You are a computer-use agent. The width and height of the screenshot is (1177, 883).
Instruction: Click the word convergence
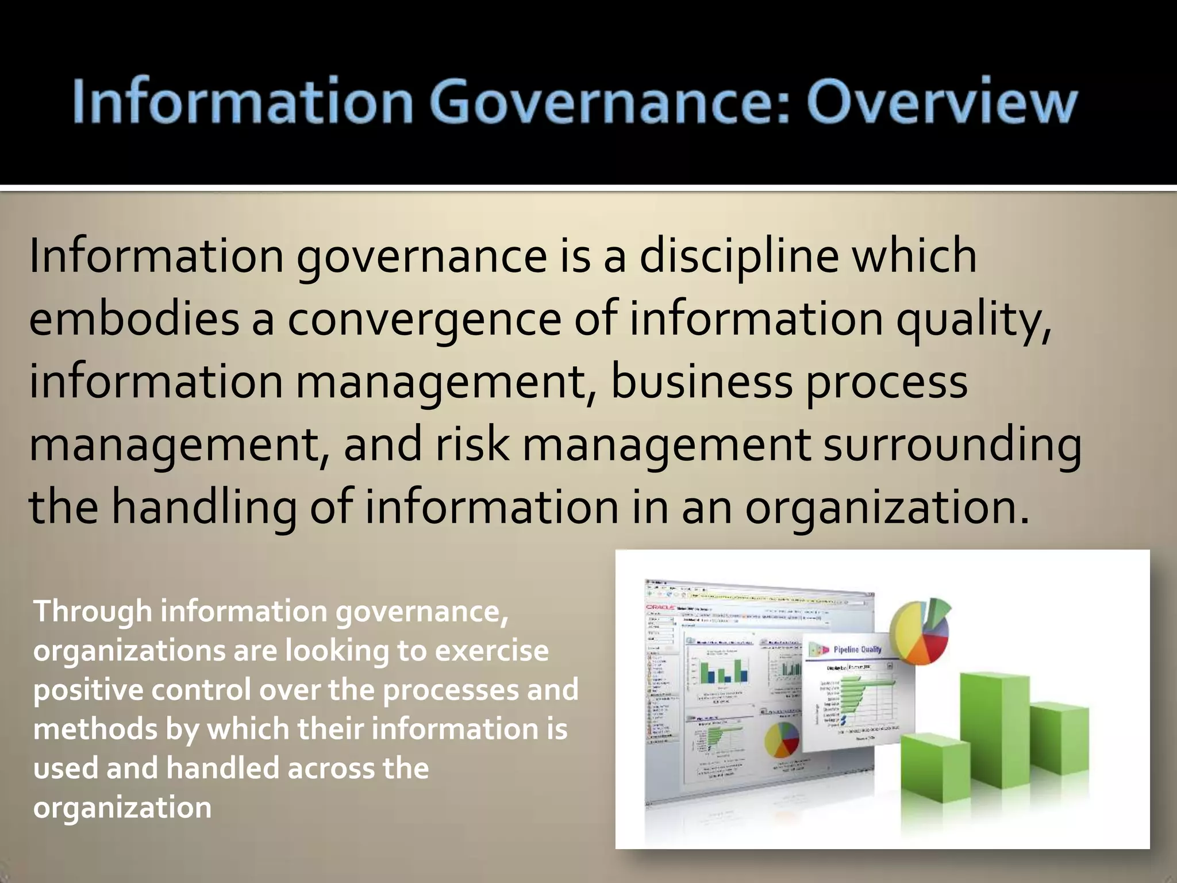coord(424,320)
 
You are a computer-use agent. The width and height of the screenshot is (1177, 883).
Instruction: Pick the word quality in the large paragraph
coord(973,320)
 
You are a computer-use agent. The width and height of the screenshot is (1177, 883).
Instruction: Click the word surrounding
coord(952,446)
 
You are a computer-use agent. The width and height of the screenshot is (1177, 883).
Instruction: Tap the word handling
coord(204,508)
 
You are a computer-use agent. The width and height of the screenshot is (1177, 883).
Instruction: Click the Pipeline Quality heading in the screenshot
coord(857,650)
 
